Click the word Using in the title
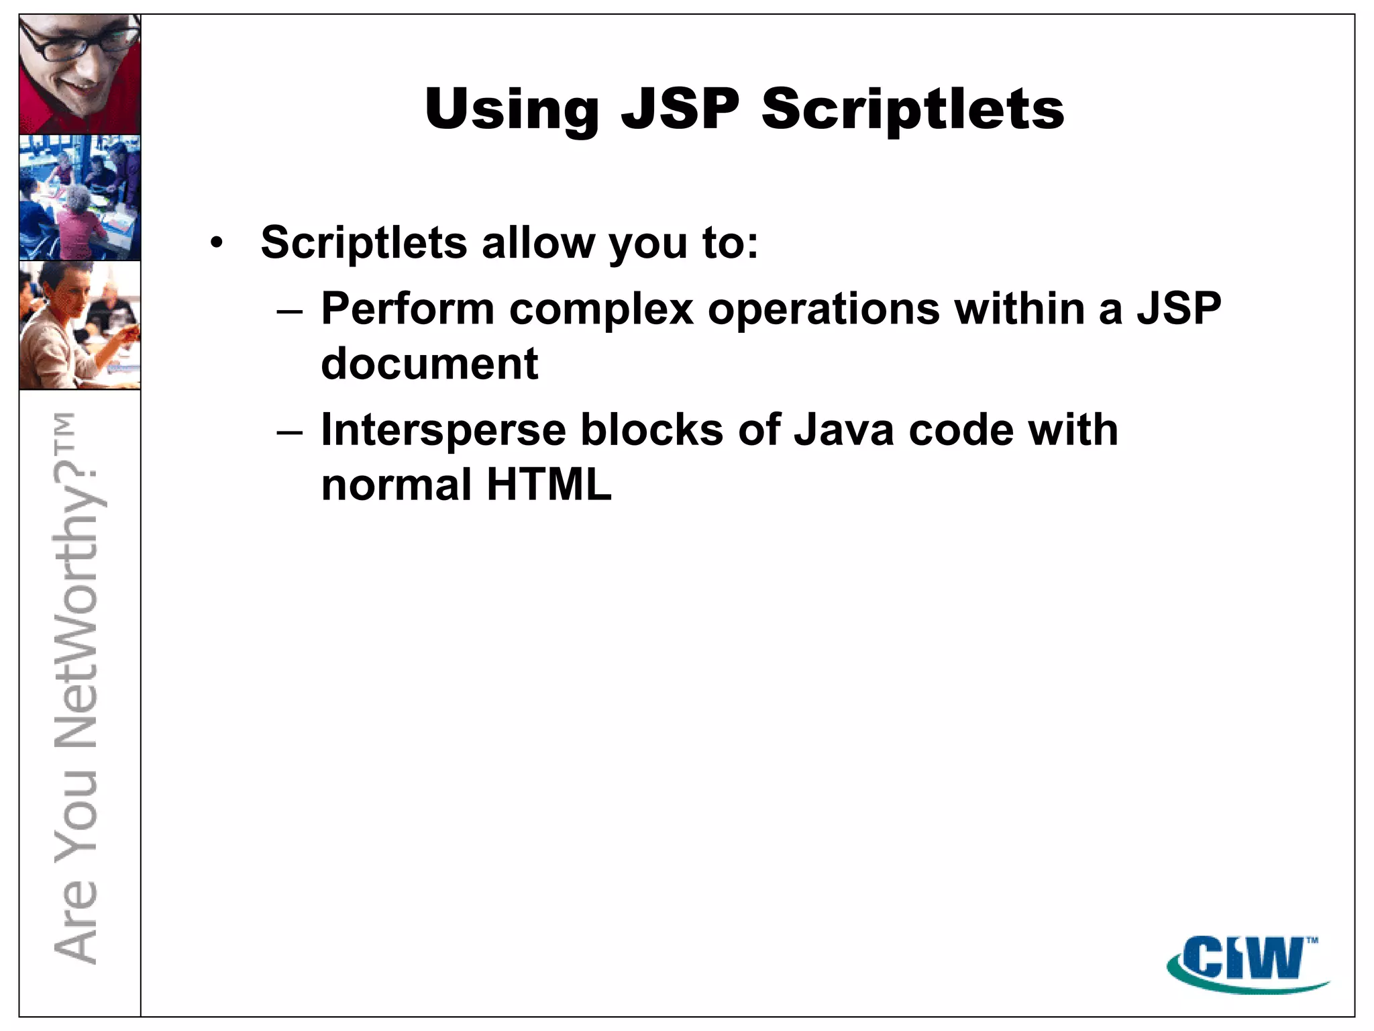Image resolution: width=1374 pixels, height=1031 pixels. tap(511, 109)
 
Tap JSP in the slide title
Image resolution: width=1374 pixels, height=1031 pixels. tap(680, 109)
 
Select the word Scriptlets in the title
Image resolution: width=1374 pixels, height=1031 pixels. tap(912, 109)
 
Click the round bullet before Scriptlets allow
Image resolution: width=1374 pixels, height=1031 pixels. tap(215, 243)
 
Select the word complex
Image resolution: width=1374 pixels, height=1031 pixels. tap(601, 310)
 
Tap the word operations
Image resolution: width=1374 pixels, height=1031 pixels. tap(824, 310)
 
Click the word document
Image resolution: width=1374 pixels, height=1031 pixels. tap(429, 364)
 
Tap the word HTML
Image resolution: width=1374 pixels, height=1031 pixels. tap(549, 485)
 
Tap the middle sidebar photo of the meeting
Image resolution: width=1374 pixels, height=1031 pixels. tap(80, 197)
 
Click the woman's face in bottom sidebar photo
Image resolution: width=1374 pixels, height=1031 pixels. tap(67, 296)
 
